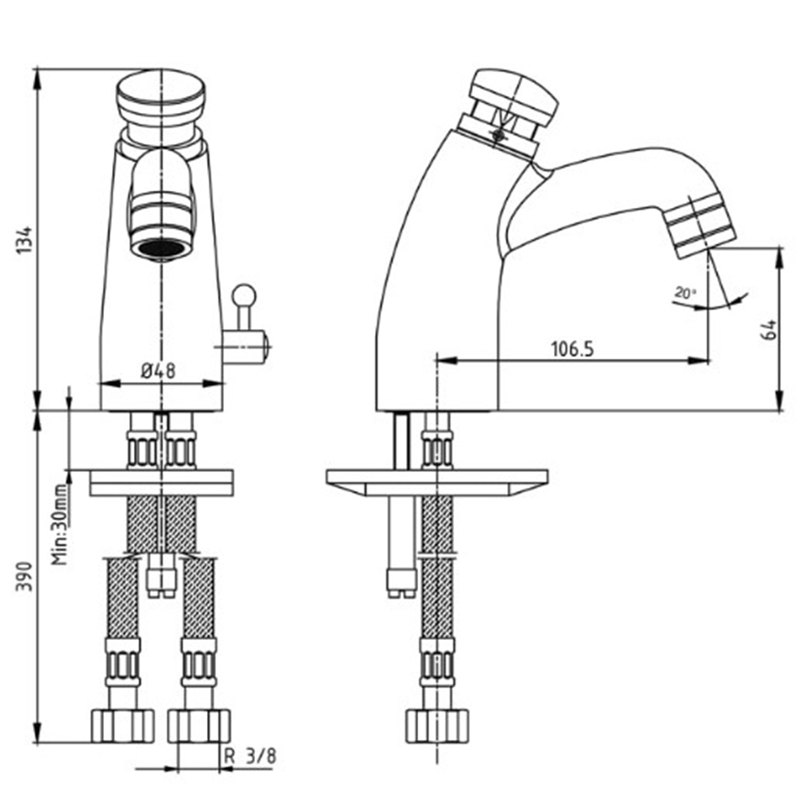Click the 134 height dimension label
(25, 240)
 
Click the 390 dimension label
(25, 576)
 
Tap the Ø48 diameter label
(158, 371)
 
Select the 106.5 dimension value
(572, 349)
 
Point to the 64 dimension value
(769, 330)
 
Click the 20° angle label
(685, 293)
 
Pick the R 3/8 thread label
(250, 756)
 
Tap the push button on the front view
(161, 101)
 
